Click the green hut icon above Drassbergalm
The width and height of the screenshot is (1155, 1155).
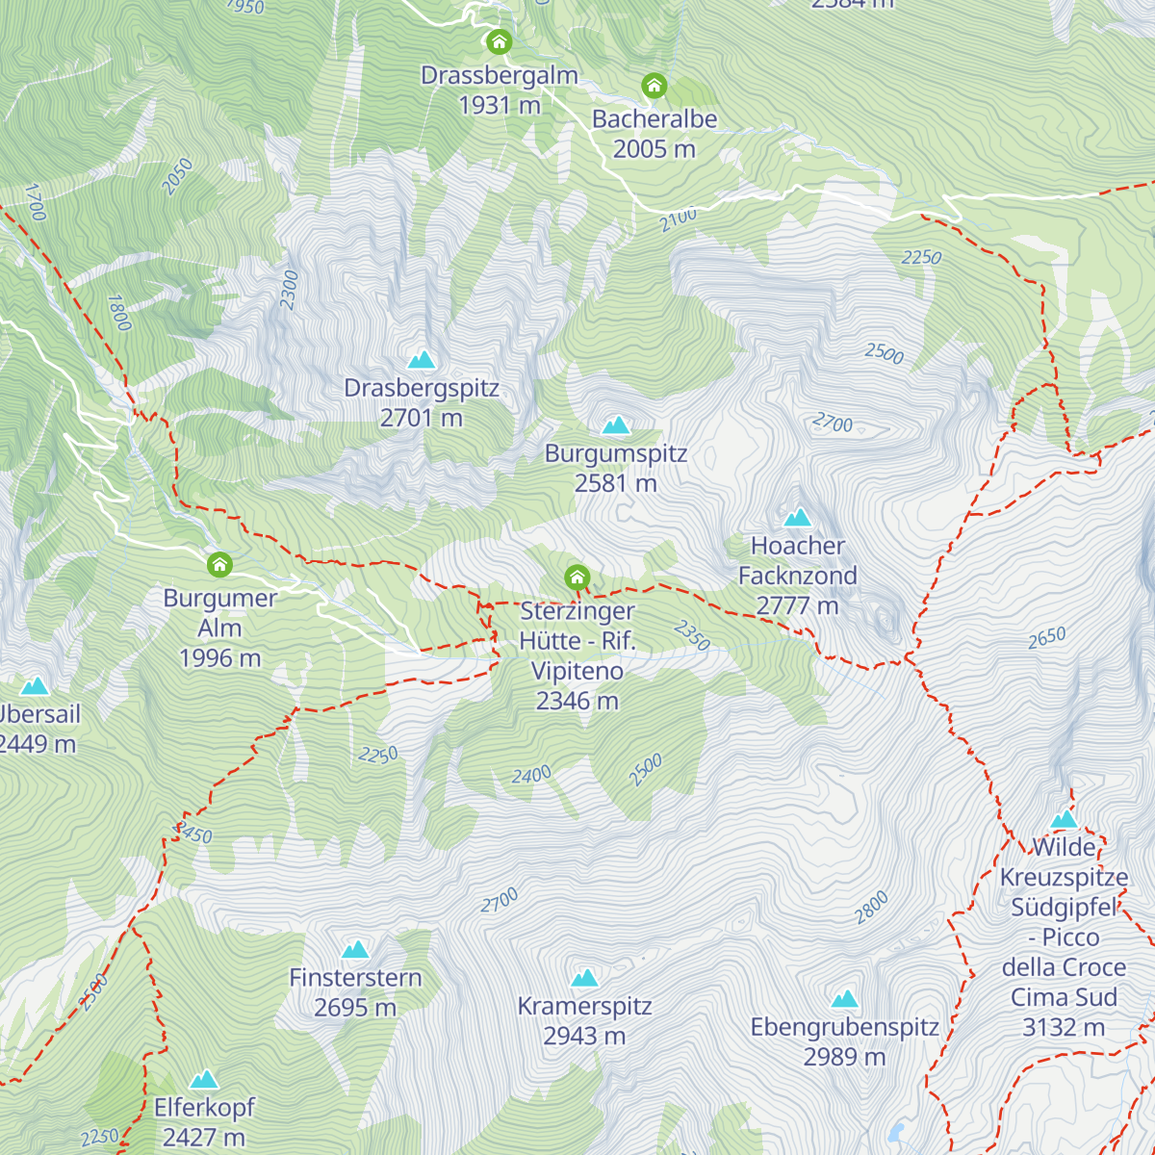coord(499,41)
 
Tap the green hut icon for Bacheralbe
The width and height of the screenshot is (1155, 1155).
coord(654,86)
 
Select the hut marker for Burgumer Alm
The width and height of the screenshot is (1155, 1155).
coord(220,564)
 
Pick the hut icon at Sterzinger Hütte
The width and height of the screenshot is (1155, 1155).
coord(577,577)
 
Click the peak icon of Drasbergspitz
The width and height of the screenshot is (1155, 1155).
coord(422,360)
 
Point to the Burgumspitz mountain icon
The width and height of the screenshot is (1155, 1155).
coord(616,424)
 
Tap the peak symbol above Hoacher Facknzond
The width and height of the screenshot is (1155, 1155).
coord(798,517)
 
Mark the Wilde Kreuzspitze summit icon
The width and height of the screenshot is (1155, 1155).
coord(1065,819)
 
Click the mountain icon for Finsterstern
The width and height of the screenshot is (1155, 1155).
coord(355,949)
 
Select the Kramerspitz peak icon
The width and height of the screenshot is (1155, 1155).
coord(584,978)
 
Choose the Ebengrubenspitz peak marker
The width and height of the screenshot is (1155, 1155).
coord(844,998)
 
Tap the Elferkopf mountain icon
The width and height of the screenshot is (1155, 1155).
coord(204,1079)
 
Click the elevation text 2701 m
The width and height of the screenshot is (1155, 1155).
coord(422,418)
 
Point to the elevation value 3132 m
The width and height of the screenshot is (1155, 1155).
coord(1064,1027)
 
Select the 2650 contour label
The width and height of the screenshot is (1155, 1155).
coord(1046,637)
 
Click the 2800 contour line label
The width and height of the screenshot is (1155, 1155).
coord(871,908)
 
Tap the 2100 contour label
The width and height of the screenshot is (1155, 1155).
coord(679,219)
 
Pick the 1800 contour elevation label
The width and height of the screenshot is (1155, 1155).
coord(118,313)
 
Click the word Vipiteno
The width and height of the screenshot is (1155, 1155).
coord(577,671)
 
